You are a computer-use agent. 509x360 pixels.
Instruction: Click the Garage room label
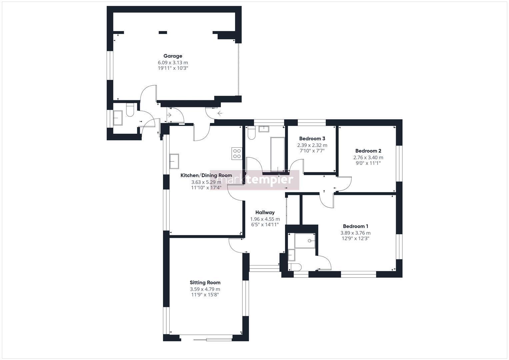pos(173,56)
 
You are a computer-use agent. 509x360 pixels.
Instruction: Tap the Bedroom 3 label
pos(312,138)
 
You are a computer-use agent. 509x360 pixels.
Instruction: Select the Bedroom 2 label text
pos(368,151)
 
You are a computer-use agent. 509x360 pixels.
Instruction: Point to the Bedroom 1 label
pos(355,226)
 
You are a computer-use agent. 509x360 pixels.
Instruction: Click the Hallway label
pos(265,213)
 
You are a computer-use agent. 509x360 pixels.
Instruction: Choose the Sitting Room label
pos(205,283)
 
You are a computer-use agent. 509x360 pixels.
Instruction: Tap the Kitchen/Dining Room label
pos(206,175)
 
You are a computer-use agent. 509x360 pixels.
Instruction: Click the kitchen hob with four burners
pos(237,153)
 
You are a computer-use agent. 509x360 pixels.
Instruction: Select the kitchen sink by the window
pos(174,161)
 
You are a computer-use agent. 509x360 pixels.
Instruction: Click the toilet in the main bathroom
pos(252,133)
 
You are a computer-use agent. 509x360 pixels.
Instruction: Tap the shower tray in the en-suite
pos(305,241)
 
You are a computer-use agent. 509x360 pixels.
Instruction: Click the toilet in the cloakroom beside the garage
pos(130,110)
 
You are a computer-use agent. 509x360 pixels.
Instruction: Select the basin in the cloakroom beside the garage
pos(118,118)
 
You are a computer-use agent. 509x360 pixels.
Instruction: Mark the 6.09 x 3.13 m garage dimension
pos(173,63)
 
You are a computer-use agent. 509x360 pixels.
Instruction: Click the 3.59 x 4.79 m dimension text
pos(205,289)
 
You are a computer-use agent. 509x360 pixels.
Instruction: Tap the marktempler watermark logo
pos(255,180)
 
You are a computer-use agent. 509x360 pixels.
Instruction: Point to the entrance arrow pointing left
pos(220,113)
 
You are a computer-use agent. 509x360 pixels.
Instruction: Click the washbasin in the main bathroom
pos(264,129)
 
